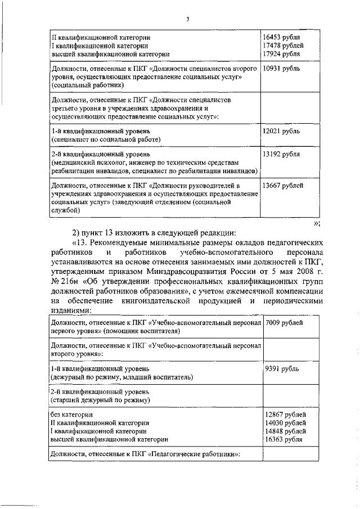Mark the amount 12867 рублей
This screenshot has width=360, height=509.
pyautogui.click(x=286, y=414)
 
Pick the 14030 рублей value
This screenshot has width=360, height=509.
pyautogui.click(x=286, y=422)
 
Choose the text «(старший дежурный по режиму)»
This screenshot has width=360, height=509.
pyautogui.click(x=100, y=400)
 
